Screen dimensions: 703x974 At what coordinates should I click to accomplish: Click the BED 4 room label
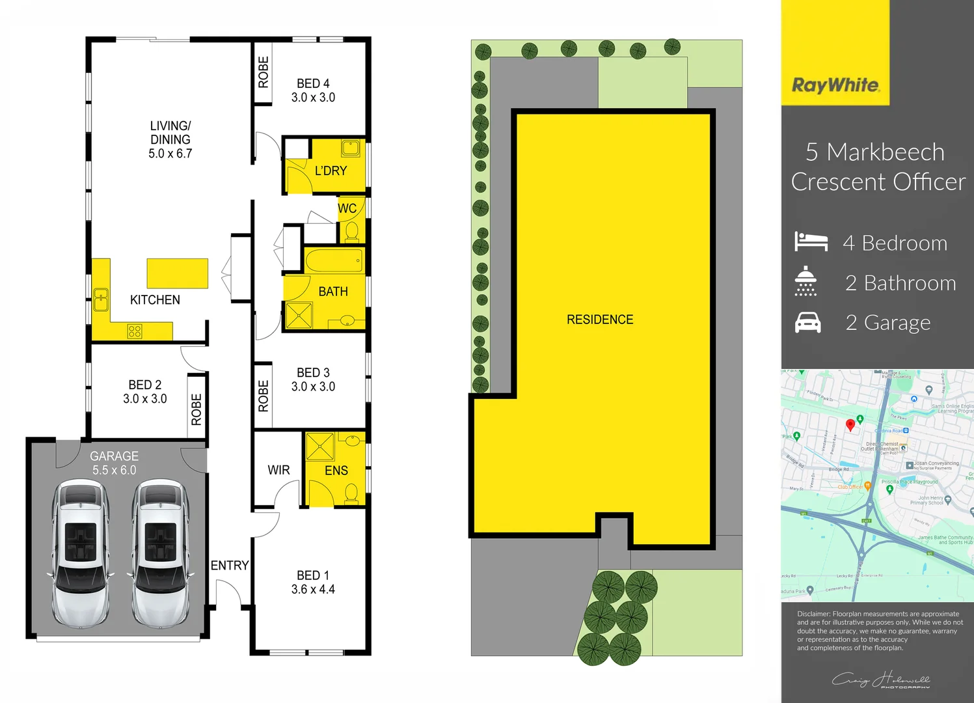point(313,84)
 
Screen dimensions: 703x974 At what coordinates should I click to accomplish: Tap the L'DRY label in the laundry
point(331,171)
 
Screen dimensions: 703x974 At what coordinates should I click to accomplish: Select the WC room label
point(347,208)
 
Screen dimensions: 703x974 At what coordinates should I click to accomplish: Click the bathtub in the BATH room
point(334,261)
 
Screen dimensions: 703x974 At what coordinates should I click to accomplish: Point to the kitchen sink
point(101,300)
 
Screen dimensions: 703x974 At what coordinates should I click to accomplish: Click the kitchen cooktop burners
point(135,331)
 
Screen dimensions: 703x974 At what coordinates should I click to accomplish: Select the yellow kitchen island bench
point(177,273)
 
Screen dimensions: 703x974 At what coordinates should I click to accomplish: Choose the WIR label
point(278,470)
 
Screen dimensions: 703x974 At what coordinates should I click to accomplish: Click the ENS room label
point(336,471)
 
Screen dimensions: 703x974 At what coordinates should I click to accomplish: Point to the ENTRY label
point(230,566)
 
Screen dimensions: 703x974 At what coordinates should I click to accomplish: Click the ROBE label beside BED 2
point(196,409)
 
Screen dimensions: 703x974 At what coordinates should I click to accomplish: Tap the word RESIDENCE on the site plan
point(600,320)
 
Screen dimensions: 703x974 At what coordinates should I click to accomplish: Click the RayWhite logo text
point(835,85)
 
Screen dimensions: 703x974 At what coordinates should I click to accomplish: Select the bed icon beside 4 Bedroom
point(811,241)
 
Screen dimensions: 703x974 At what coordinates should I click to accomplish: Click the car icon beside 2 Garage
point(808,322)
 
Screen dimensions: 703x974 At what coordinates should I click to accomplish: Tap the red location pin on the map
point(850,425)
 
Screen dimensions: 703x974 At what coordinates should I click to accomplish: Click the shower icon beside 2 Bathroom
point(805,281)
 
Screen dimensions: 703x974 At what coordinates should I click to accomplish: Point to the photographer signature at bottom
point(881,680)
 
